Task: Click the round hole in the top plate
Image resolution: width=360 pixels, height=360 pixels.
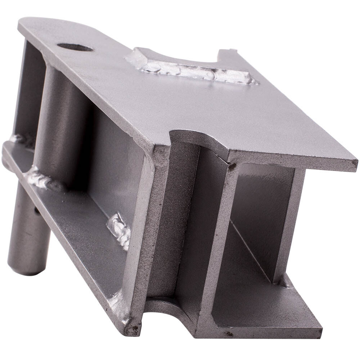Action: click(x=75, y=47)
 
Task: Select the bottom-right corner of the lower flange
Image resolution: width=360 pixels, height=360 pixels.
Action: click(x=319, y=333)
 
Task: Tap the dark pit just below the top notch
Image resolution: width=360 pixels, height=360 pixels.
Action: click(x=230, y=166)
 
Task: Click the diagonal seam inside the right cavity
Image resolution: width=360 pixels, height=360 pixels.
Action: click(x=252, y=248)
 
